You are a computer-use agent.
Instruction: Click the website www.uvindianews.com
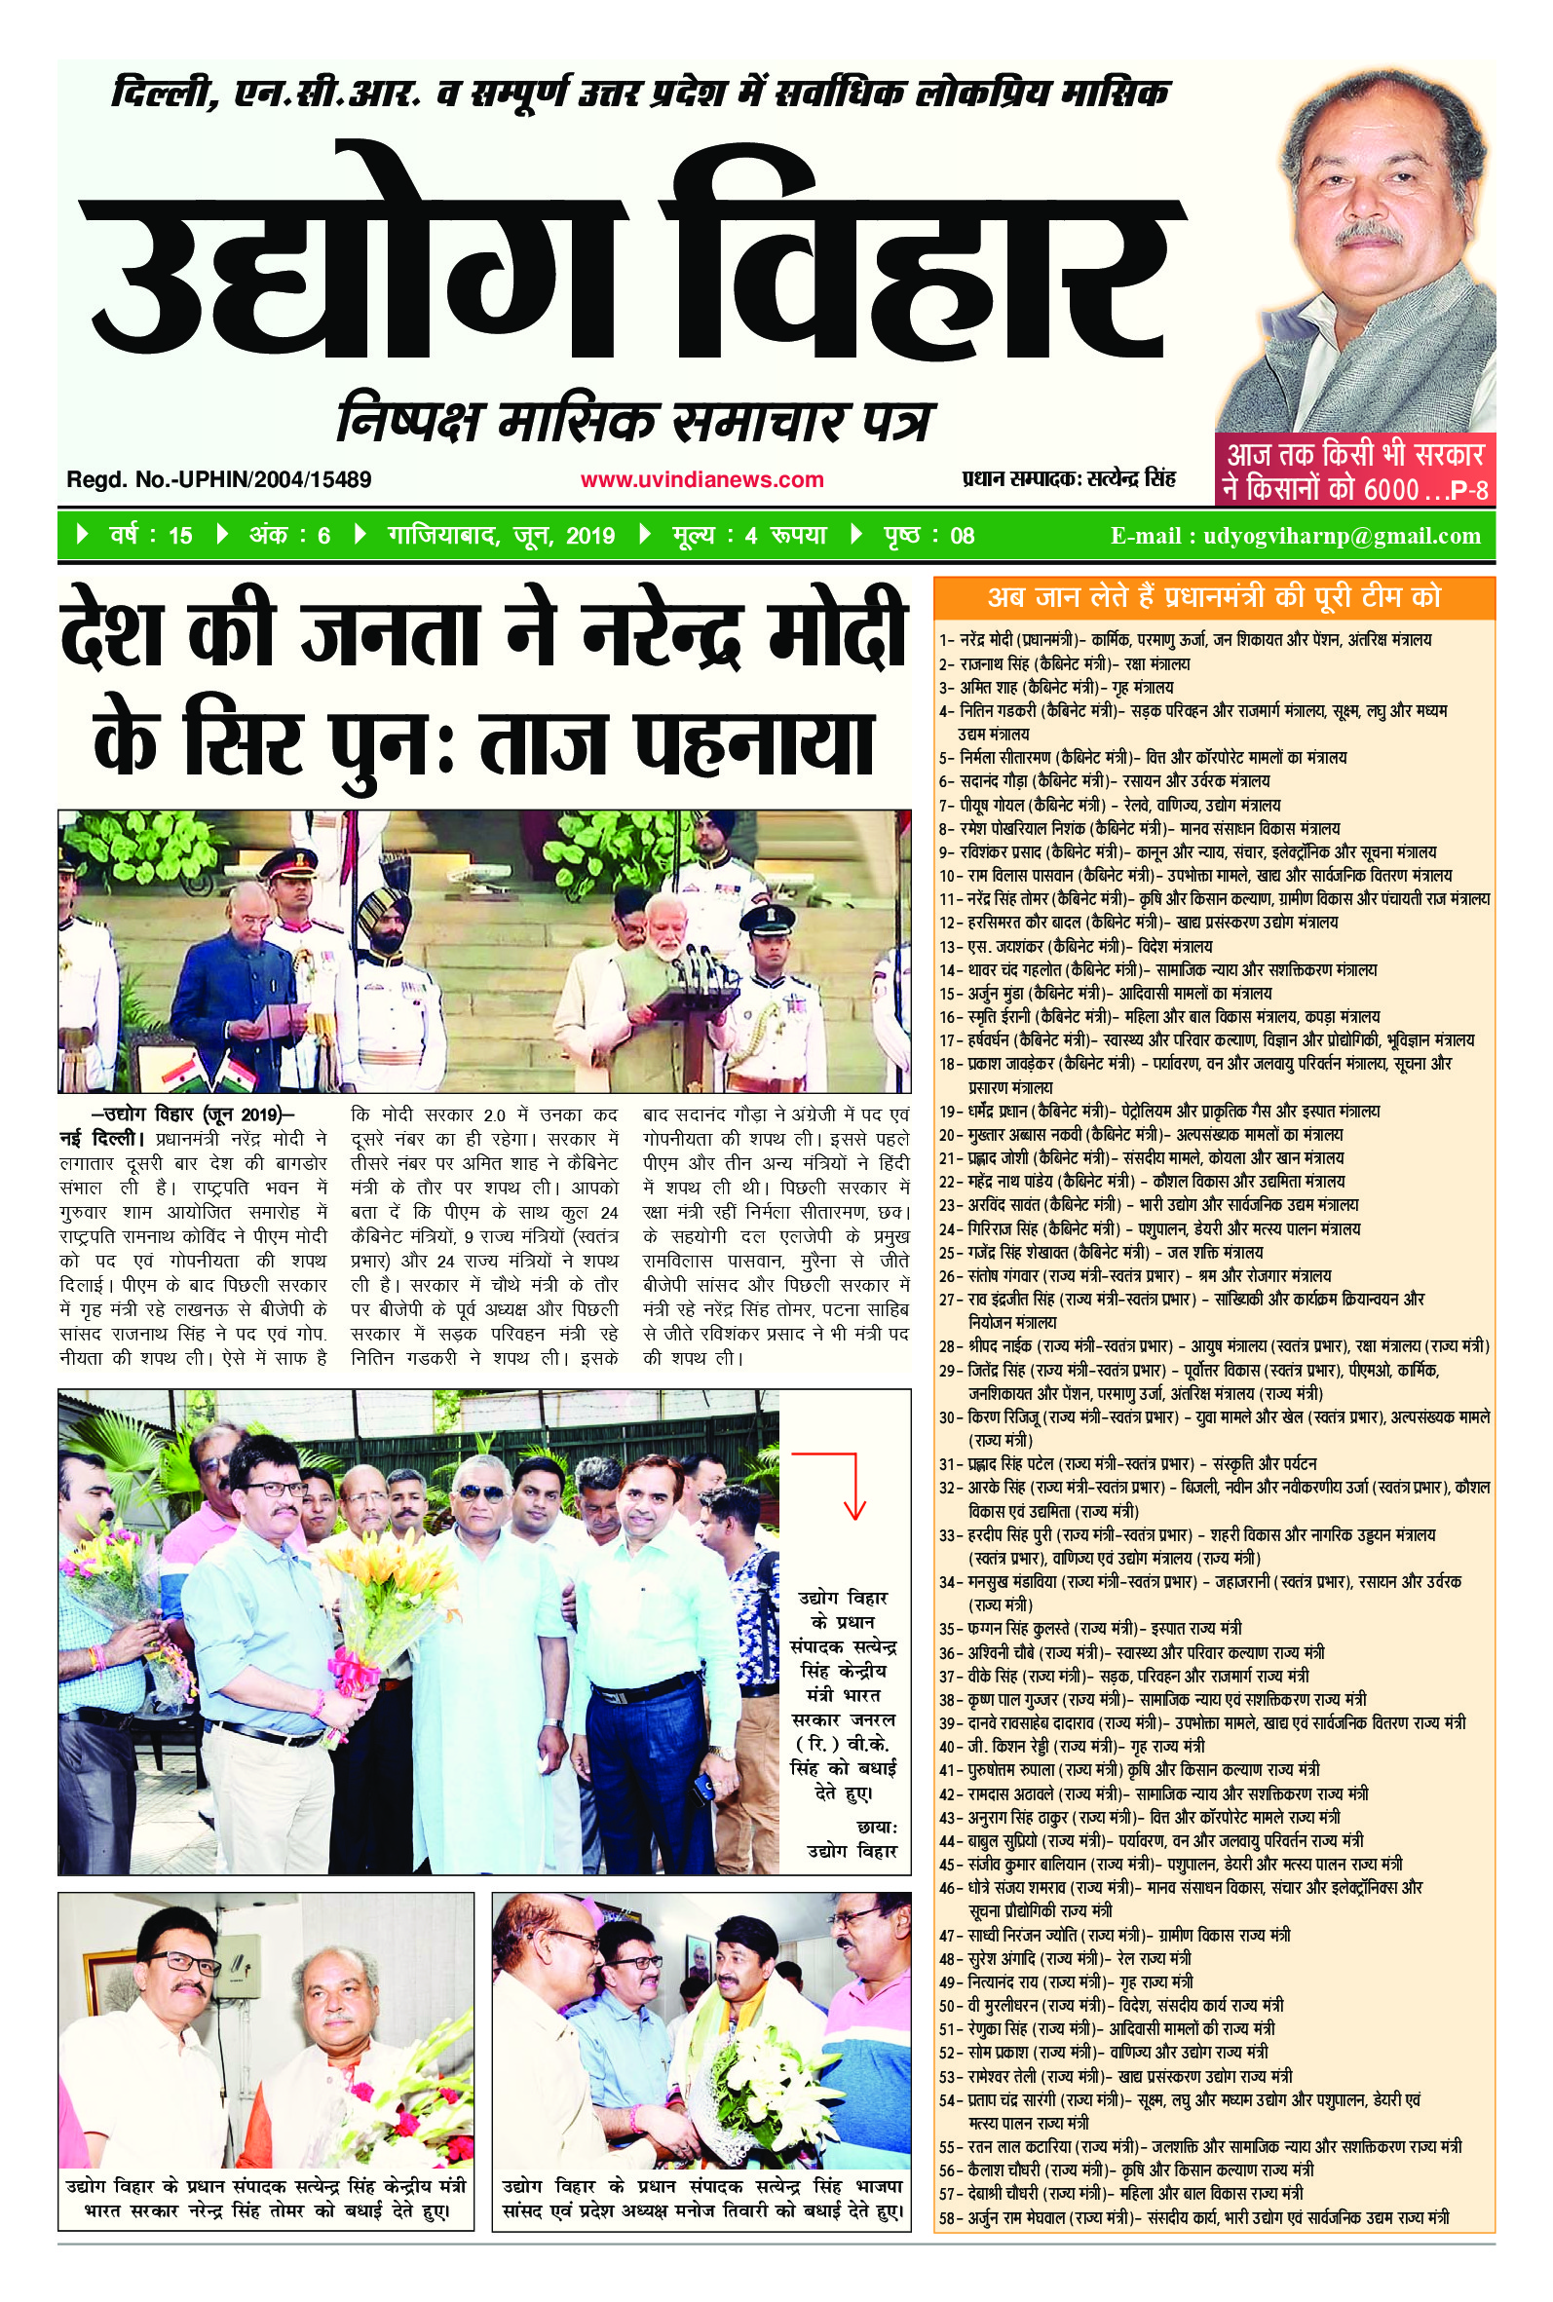click(701, 480)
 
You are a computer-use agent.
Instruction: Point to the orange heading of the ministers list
click(1213, 597)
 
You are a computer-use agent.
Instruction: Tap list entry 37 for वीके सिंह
click(1124, 1676)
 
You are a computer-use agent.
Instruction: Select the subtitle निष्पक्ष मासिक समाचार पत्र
click(634, 421)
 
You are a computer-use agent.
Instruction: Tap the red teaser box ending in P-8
click(1354, 472)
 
